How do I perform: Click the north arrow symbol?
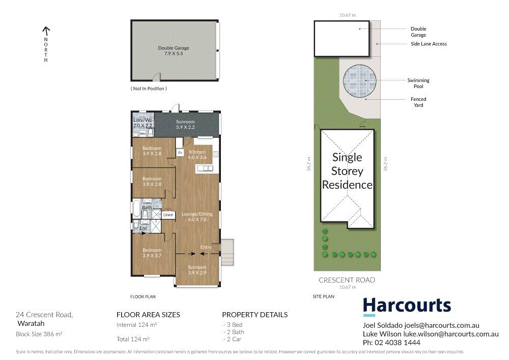[46, 31]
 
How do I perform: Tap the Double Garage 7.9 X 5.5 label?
[174, 51]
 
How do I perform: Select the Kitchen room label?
[197, 155]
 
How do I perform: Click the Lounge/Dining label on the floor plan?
[197, 217]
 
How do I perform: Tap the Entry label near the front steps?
[206, 247]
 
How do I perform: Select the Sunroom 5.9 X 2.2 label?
[185, 125]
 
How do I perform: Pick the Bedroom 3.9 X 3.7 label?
[152, 253]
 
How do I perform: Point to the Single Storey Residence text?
[347, 171]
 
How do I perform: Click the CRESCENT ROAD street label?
[347, 280]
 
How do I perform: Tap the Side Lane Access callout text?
[429, 44]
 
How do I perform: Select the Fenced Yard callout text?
[418, 102]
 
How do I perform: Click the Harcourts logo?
[407, 306]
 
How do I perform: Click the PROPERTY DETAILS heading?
[254, 315]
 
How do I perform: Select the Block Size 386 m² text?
[39, 334]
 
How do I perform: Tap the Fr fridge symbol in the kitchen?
[180, 152]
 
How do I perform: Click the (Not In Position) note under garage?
[149, 89]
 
